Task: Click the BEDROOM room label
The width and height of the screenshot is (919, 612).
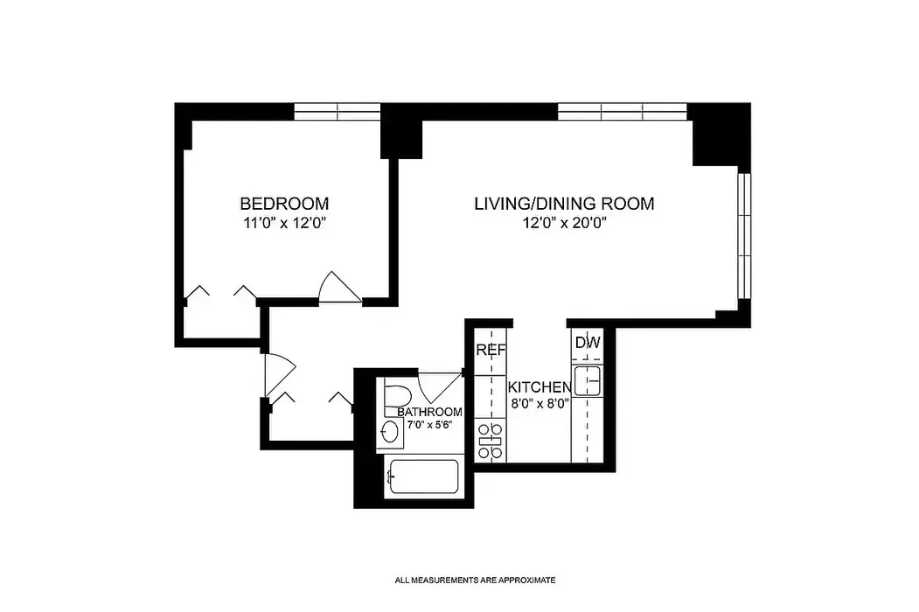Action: tap(284, 204)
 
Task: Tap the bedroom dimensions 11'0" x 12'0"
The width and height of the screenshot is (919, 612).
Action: tap(284, 223)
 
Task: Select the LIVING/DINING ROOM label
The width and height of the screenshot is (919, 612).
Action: tap(564, 204)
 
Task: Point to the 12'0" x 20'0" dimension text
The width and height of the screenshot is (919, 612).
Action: tap(564, 223)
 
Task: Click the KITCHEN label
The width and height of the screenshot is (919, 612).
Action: tap(540, 387)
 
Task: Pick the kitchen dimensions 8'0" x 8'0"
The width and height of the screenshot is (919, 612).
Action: tap(540, 403)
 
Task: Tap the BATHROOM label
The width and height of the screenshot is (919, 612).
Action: tap(429, 412)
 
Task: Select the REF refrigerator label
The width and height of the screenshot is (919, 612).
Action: tap(491, 350)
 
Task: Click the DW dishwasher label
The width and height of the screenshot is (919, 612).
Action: tap(588, 343)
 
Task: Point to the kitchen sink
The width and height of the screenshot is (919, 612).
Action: tap(588, 380)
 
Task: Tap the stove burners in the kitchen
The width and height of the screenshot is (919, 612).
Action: tap(491, 441)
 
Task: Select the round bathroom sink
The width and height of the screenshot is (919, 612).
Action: tap(390, 433)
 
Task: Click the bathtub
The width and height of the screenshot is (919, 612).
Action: tap(423, 476)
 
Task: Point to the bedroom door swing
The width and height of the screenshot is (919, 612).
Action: tap(339, 288)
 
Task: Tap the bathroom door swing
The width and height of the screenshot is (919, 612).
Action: tap(440, 386)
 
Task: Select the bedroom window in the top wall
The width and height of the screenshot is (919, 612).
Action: tap(337, 111)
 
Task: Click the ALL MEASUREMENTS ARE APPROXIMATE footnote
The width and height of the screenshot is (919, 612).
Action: tap(476, 581)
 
